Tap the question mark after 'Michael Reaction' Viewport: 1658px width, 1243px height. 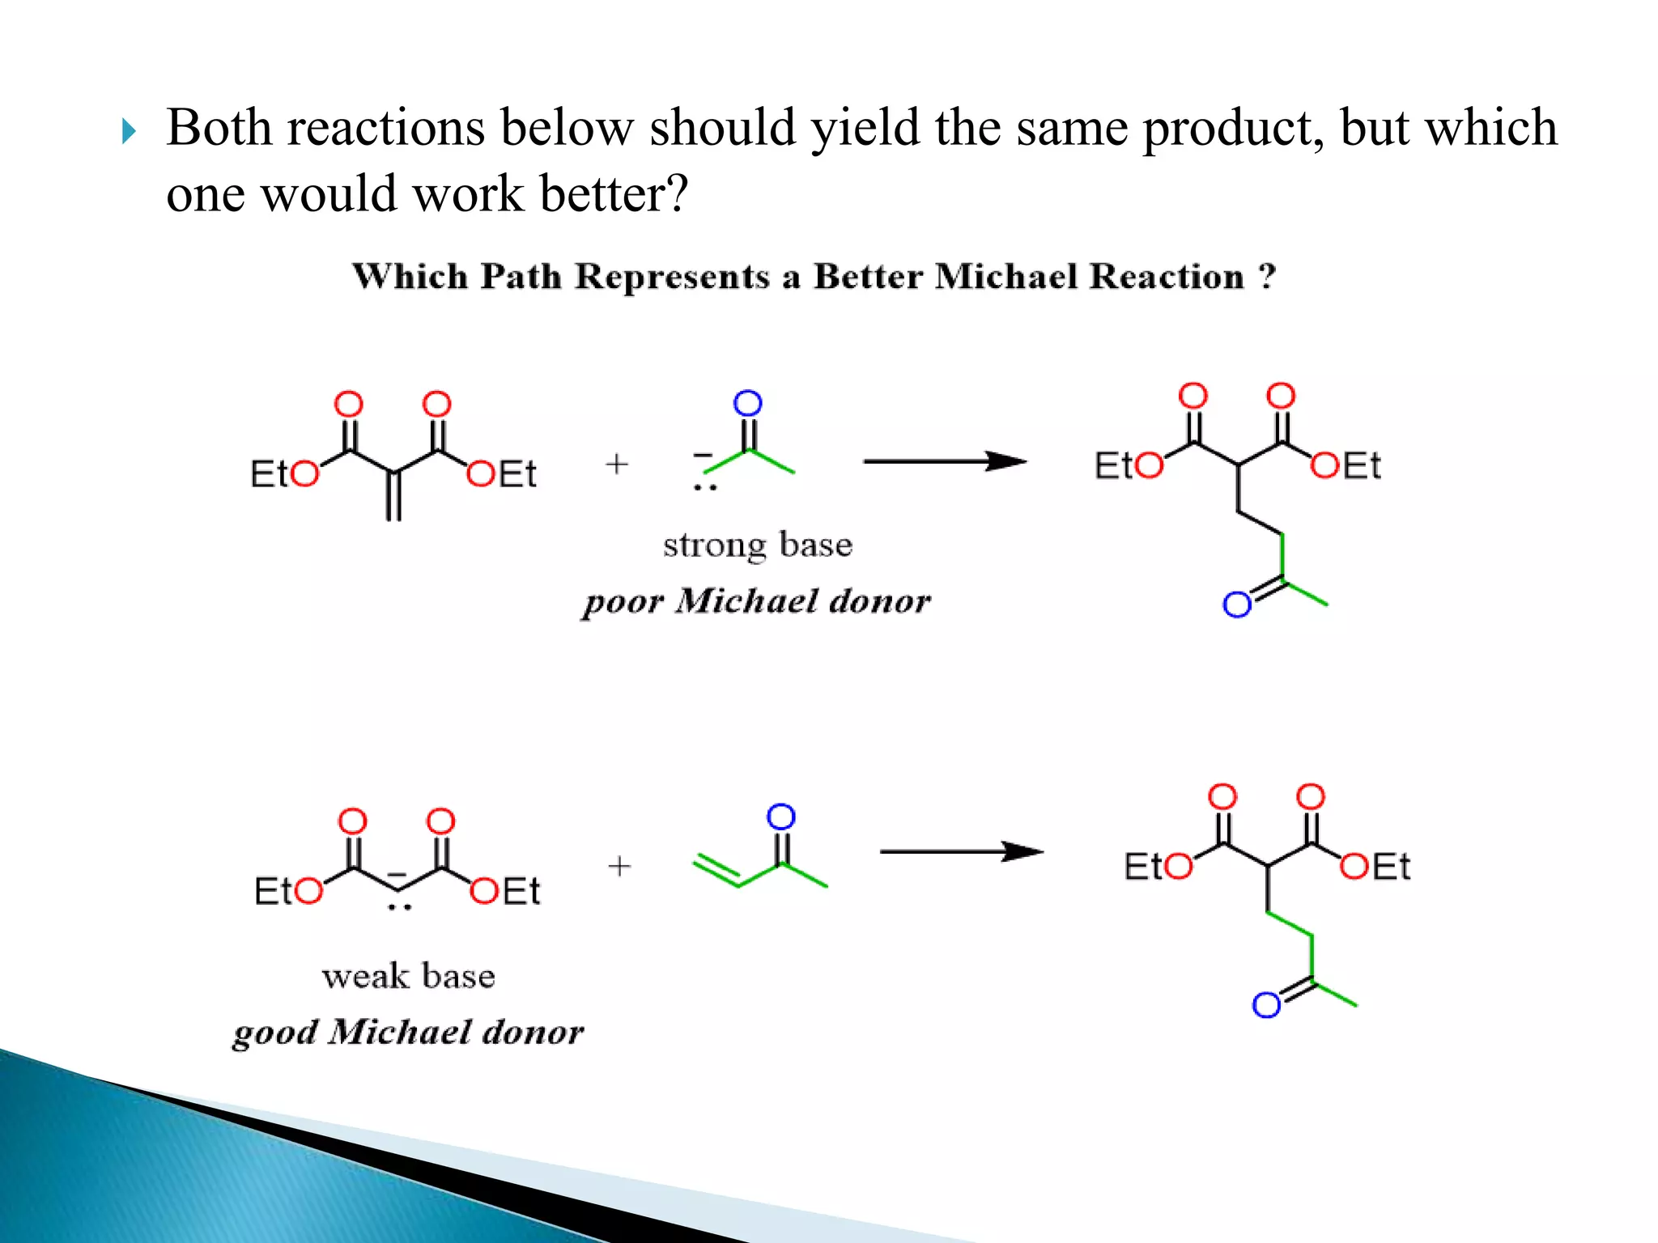1267,277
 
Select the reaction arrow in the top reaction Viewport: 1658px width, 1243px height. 944,461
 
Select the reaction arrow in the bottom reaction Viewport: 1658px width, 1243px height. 961,851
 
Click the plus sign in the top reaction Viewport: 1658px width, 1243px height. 617,464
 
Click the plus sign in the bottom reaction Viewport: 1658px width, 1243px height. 619,866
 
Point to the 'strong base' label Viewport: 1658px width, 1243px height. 758,545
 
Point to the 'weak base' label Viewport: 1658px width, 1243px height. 409,977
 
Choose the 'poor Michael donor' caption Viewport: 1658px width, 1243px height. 757,601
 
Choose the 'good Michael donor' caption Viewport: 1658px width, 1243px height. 408,1033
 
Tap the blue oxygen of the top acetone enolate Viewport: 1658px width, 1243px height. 748,403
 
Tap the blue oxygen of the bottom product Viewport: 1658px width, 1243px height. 1266,1005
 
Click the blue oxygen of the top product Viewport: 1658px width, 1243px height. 1237,605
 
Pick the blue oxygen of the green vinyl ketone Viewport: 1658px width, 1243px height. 781,817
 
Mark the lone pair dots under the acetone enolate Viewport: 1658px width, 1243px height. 705,488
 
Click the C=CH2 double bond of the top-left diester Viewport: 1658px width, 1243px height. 393,495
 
